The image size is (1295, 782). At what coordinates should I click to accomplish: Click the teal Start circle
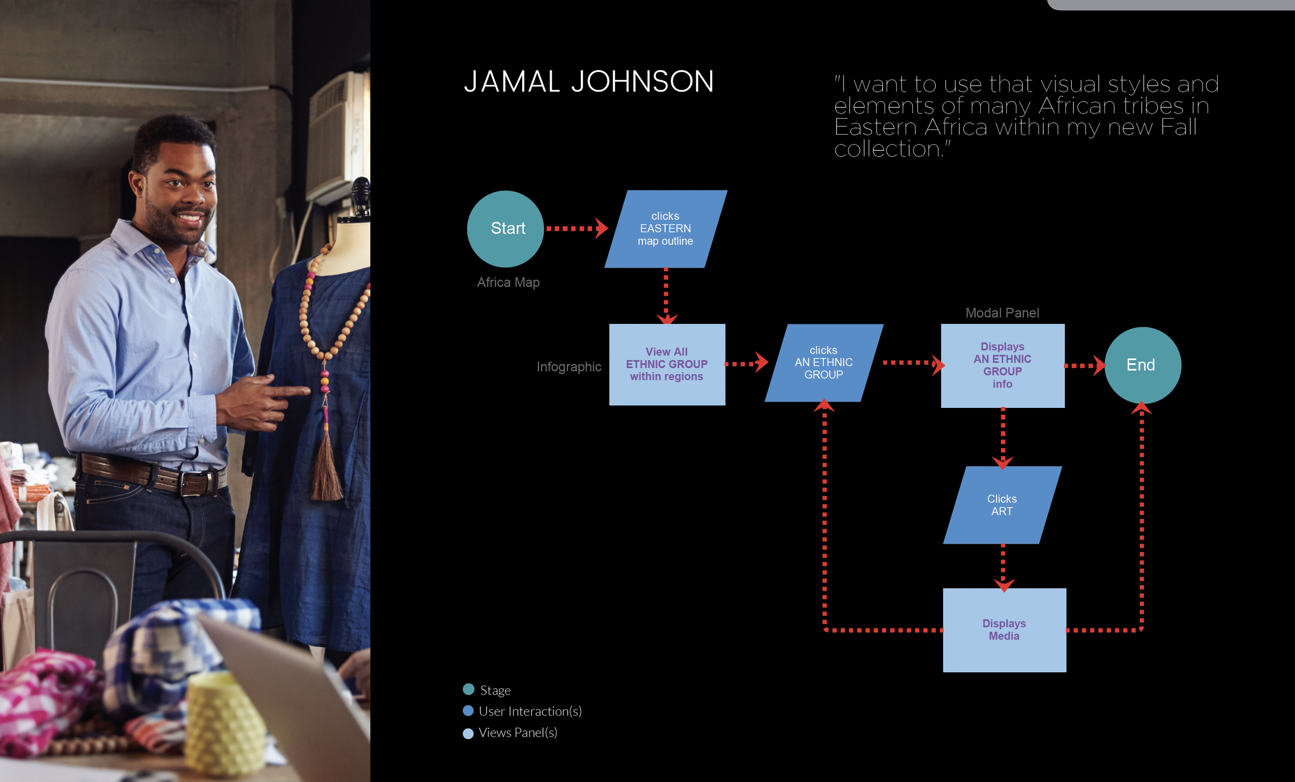(505, 229)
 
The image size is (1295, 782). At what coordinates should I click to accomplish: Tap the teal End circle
(1143, 365)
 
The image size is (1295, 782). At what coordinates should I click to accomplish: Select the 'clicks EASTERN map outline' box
(665, 229)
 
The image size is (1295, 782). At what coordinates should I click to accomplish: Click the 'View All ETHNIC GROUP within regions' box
(667, 364)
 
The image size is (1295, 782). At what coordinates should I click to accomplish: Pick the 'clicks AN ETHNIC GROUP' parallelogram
(824, 363)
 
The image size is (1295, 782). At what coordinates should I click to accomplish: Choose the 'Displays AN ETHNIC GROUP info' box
(1002, 365)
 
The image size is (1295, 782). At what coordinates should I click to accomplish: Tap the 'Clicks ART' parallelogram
(1002, 505)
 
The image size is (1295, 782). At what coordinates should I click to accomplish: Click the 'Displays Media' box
(1004, 630)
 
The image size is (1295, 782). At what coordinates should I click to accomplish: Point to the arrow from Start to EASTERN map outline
(576, 229)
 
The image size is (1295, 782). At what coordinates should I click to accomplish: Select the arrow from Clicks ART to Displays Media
(1003, 567)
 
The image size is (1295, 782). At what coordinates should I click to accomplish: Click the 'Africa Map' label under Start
(508, 282)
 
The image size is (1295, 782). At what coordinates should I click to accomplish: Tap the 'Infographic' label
(569, 366)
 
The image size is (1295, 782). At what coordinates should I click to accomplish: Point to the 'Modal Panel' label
(1002, 313)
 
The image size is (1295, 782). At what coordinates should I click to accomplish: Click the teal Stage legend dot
(468, 689)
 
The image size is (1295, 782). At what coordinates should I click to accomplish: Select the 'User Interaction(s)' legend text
(530, 711)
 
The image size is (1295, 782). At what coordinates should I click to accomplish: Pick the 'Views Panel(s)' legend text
(517, 733)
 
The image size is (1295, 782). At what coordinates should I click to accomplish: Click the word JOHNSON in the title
(642, 82)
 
